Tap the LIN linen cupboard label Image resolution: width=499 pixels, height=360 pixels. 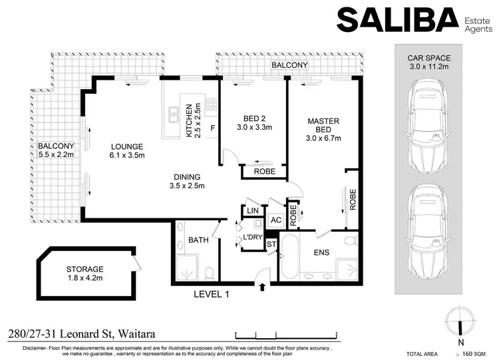(252, 211)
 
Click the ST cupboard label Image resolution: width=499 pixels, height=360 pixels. (271, 244)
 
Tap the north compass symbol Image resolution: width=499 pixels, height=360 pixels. (460, 320)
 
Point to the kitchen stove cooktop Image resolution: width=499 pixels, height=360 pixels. (211, 104)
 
